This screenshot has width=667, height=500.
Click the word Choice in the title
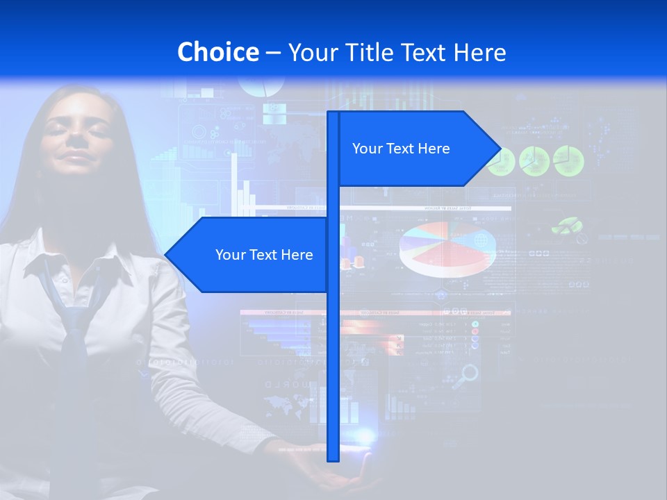coord(217,52)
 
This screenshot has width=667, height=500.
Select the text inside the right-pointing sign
coord(401,149)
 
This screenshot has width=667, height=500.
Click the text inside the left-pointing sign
coord(264,255)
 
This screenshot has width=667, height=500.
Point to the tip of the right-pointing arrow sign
coord(500,148)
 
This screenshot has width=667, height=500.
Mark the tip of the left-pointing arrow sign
coord(166,255)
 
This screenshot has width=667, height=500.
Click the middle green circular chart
coord(534,160)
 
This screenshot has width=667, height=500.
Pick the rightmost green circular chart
coord(568,160)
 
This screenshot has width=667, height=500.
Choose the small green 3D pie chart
coord(566,225)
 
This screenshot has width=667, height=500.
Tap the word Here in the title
coord(478,52)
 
